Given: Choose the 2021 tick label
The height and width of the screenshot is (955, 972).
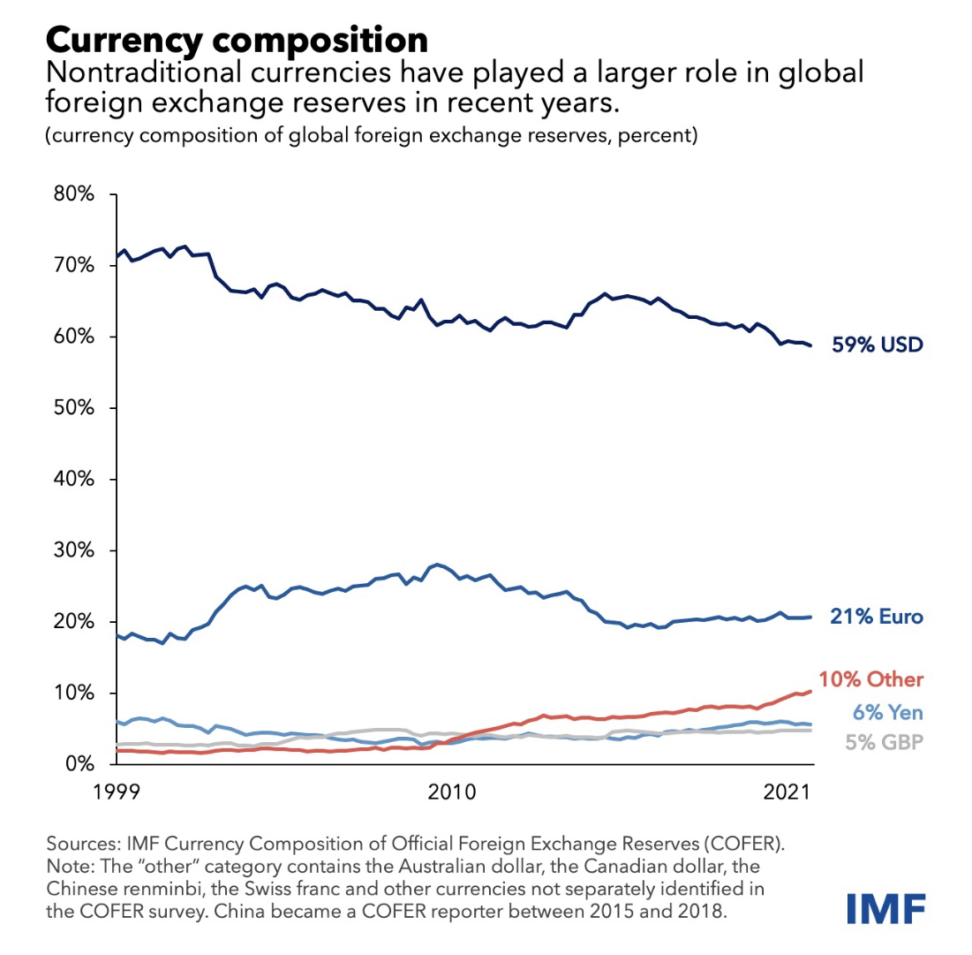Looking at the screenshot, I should pos(787,792).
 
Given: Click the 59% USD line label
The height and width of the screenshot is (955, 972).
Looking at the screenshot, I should pos(877,345).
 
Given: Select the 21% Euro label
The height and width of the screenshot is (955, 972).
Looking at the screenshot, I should pos(877,618).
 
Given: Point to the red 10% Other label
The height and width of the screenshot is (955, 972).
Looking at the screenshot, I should pos(870,679).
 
